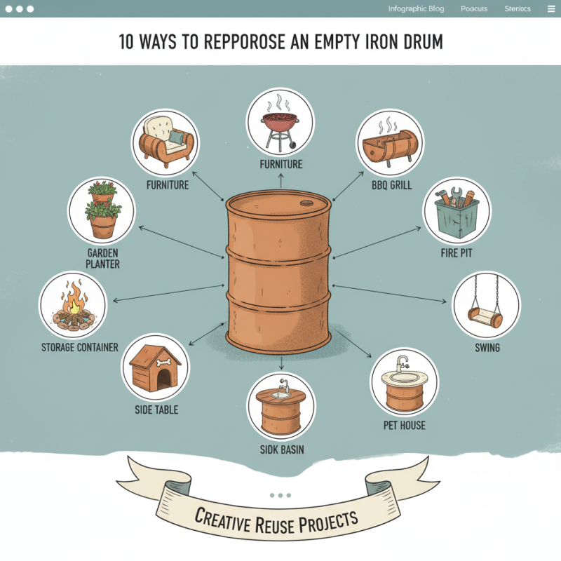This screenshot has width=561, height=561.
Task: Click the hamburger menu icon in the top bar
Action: [x=550, y=9]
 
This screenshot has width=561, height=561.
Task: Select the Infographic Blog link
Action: [x=416, y=9]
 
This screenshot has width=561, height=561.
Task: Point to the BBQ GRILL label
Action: [x=391, y=186]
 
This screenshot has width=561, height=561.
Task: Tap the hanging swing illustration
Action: [x=487, y=306]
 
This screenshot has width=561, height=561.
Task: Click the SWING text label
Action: [x=487, y=347]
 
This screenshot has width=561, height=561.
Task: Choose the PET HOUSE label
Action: [x=404, y=425]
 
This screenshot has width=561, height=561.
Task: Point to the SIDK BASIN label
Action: [x=281, y=450]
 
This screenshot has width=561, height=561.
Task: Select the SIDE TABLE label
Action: [x=156, y=410]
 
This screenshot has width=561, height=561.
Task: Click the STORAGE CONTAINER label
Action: [x=79, y=347]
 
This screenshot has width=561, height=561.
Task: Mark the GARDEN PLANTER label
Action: [x=102, y=258]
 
